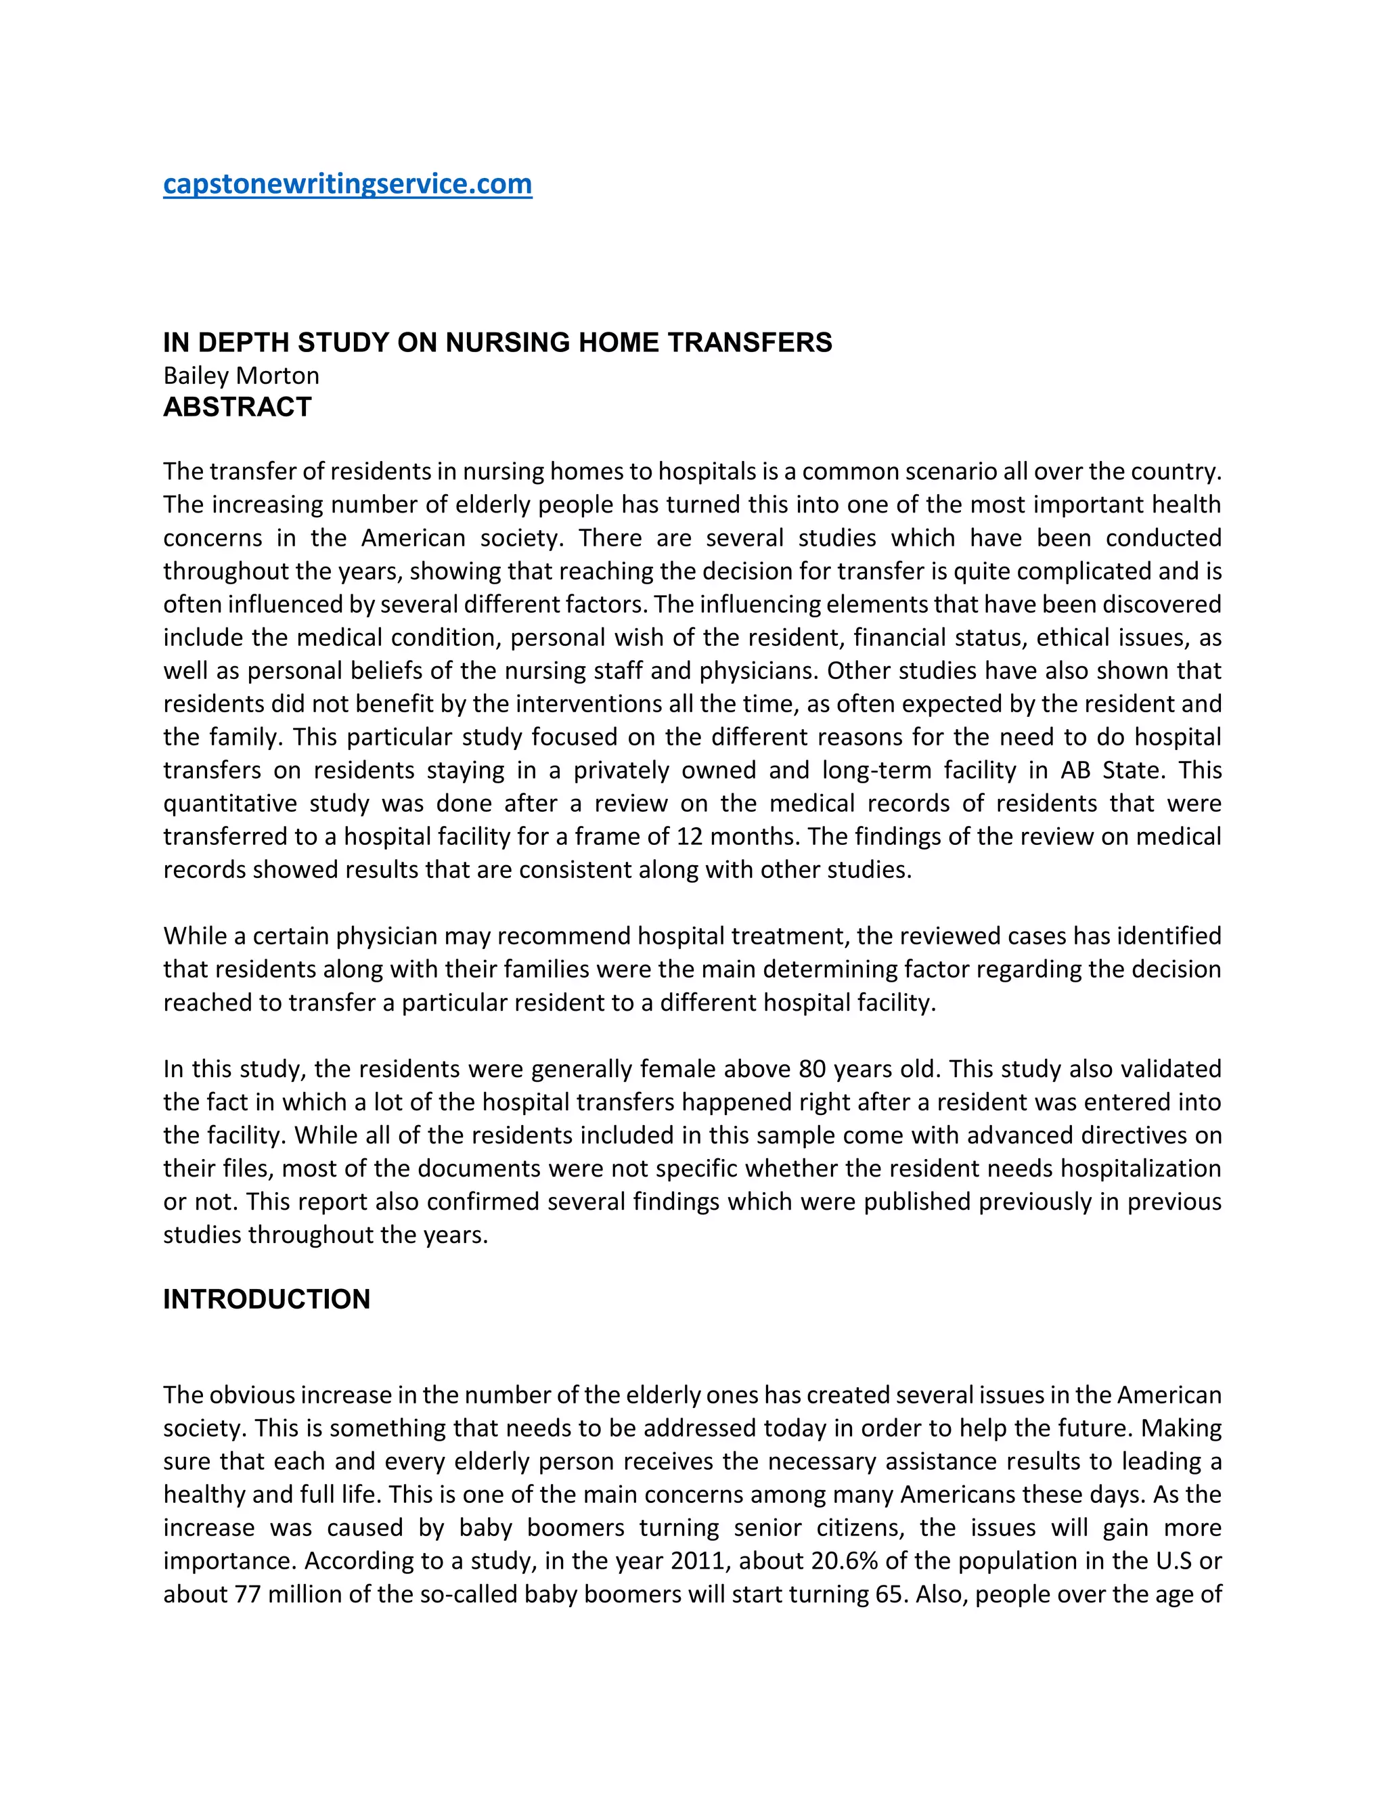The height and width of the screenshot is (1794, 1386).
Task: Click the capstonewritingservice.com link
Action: [x=347, y=184]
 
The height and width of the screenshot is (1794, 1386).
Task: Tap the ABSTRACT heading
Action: [x=238, y=408]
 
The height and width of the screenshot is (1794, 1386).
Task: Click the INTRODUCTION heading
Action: [x=266, y=1298]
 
